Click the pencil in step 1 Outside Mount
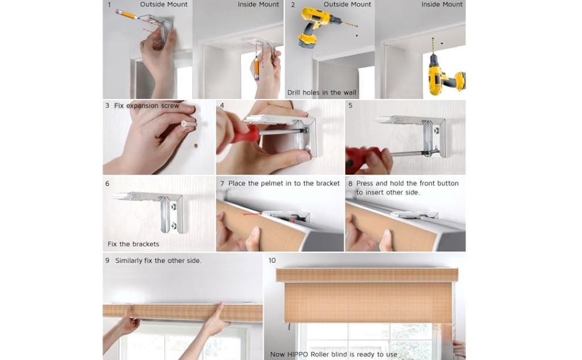coord(128,15)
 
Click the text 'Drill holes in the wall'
coord(322,92)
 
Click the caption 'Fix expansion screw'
coord(147,106)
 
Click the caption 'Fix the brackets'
coord(134,244)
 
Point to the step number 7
coord(222,184)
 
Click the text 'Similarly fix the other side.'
coord(158,260)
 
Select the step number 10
coord(272,260)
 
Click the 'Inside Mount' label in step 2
coord(442,5)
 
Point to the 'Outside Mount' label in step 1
coord(164,5)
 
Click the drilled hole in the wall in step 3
coord(196,146)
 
